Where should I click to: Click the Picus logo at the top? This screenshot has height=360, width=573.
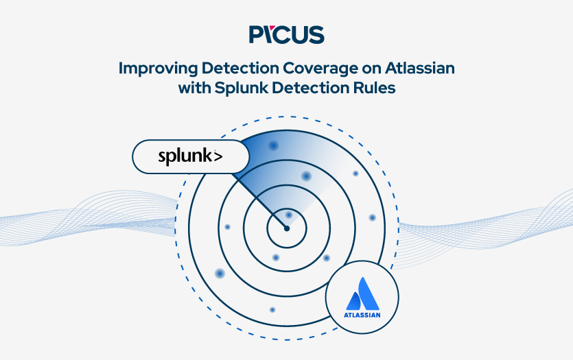pyautogui.click(x=286, y=34)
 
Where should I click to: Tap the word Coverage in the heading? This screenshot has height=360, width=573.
pyautogui.click(x=308, y=69)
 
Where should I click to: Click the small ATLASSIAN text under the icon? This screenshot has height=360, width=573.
pyautogui.click(x=362, y=316)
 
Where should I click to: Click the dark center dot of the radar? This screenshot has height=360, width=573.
pyautogui.click(x=287, y=228)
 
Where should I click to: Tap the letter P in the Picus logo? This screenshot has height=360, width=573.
pyautogui.click(x=257, y=34)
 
